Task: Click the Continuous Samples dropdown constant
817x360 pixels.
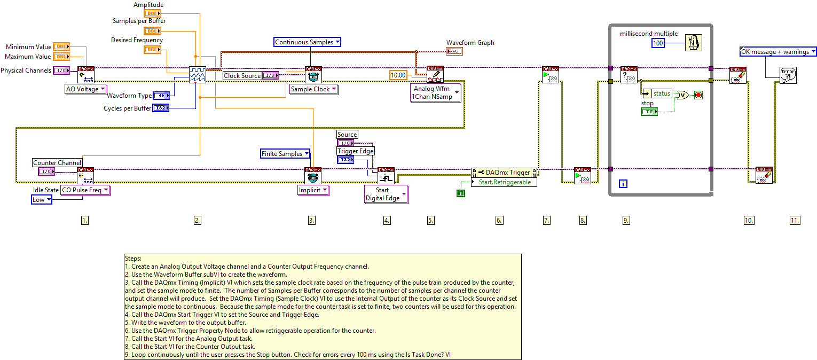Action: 307,42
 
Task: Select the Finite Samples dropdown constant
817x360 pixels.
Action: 285,154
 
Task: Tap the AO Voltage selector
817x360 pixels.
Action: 85,89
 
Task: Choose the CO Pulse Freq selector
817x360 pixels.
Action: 85,190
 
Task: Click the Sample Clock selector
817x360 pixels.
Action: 313,89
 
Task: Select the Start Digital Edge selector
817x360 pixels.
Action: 386,194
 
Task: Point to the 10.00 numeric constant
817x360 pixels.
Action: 398,75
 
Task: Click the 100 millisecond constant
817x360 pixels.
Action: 658,43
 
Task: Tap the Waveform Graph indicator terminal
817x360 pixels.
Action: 454,51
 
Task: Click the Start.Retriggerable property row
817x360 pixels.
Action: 504,182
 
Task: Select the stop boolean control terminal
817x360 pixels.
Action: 649,111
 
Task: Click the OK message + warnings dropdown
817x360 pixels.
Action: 778,52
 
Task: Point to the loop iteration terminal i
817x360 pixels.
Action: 623,184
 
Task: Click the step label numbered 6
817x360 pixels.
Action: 499,220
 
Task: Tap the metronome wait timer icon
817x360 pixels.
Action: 694,42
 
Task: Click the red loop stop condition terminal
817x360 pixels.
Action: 698,95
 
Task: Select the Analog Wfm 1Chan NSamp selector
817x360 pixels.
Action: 435,92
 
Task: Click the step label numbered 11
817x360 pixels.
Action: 795,220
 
